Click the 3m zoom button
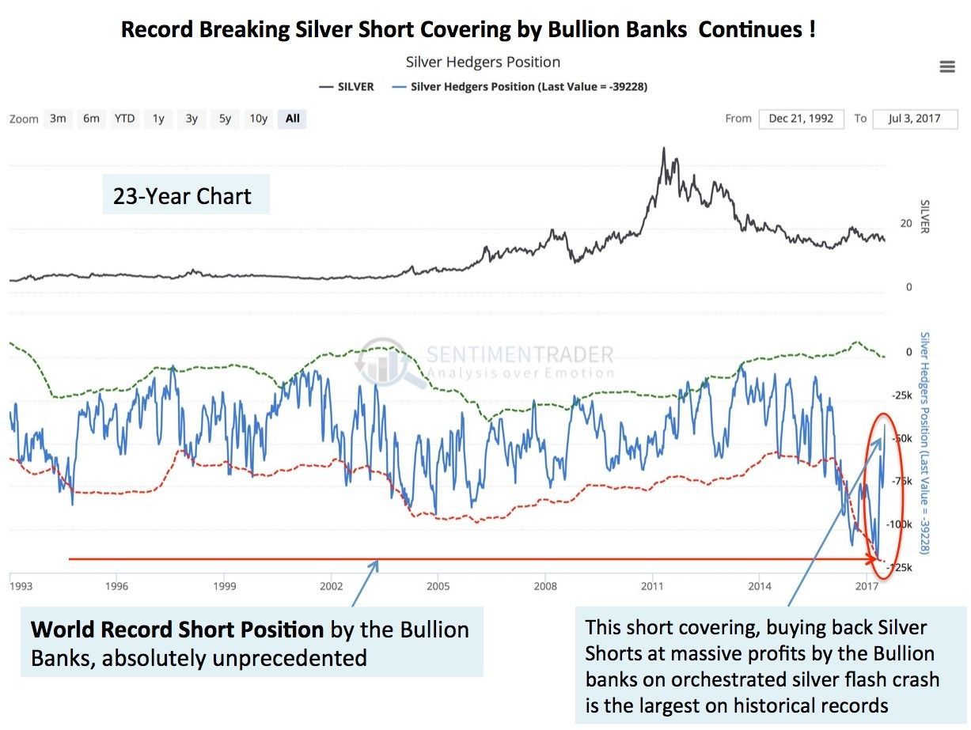coord(58,119)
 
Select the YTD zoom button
coord(124,119)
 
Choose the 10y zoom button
coord(258,119)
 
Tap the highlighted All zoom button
coord(293,119)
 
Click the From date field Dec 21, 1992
coord(802,119)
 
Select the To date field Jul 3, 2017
coord(916,119)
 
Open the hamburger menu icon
coord(947,66)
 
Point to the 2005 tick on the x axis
coord(438,586)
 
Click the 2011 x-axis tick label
coord(652,586)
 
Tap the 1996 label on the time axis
coord(116,586)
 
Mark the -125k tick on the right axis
coord(901,568)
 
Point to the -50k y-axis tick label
coord(901,438)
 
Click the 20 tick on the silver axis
coord(906,224)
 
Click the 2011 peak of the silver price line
coord(664,148)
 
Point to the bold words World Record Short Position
coord(177,630)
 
